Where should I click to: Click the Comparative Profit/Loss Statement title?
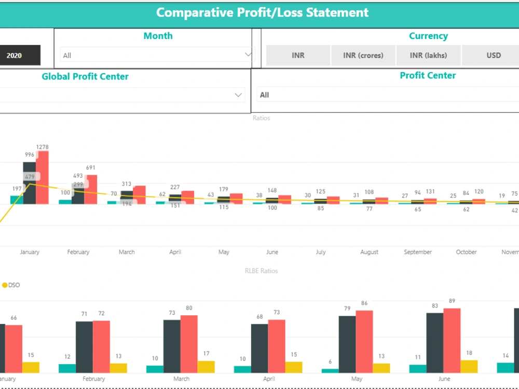pyautogui.click(x=262, y=12)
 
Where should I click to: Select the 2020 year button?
pyautogui.click(x=15, y=55)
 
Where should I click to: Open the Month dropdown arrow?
pyautogui.click(x=248, y=54)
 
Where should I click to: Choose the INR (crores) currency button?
pyautogui.click(x=363, y=55)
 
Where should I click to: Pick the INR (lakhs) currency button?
pyautogui.click(x=428, y=55)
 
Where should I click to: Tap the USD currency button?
pyautogui.click(x=493, y=55)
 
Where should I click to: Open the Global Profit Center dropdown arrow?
pyautogui.click(x=238, y=95)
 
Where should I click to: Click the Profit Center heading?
pyautogui.click(x=428, y=76)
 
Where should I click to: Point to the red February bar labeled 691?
pyautogui.click(x=91, y=189)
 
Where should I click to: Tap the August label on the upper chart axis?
pyautogui.click(x=369, y=252)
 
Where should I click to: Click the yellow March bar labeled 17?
pyautogui.click(x=206, y=367)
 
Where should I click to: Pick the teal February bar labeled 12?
pyautogui.click(x=67, y=368)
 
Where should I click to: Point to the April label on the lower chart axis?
pyautogui.click(x=269, y=379)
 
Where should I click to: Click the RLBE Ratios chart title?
pyautogui.click(x=261, y=271)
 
